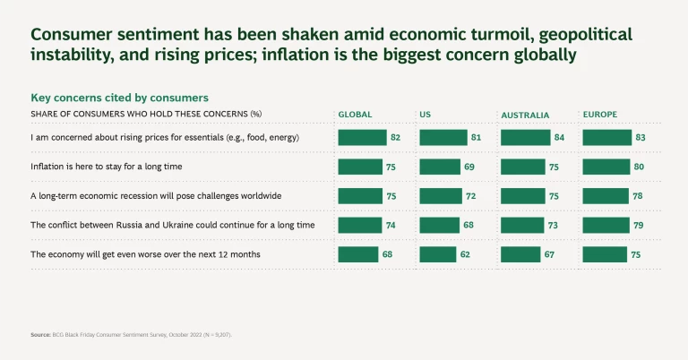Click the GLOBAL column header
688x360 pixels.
[355, 115]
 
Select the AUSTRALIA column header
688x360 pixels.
[525, 116]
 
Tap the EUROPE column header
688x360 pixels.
[600, 115]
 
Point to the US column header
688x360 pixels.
[425, 115]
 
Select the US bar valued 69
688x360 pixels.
[440, 167]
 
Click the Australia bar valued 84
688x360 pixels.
[526, 137]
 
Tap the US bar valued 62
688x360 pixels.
[437, 254]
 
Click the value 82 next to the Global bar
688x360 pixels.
[395, 137]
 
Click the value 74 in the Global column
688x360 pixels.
[391, 225]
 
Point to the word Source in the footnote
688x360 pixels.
[40, 335]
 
